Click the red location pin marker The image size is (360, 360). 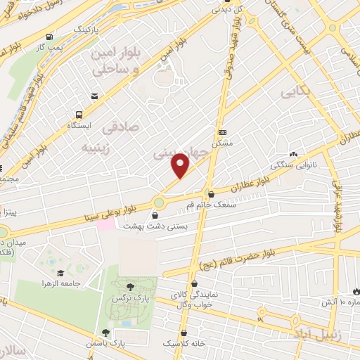pyautogui.click(x=181, y=165)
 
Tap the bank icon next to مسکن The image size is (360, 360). pyautogui.click(x=223, y=132)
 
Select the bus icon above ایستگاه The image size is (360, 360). pyautogui.click(x=78, y=113)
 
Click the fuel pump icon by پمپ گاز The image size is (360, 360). pyautogui.click(x=49, y=37)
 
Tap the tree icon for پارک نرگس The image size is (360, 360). pyautogui.click(x=130, y=285)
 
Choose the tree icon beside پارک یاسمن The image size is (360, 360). pyautogui.click(x=105, y=333)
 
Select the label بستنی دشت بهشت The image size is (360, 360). pyautogui.click(x=147, y=226)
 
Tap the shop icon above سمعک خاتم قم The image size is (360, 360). pyautogui.click(x=211, y=194)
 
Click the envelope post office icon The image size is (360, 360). pyautogui.click(x=94, y=96)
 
